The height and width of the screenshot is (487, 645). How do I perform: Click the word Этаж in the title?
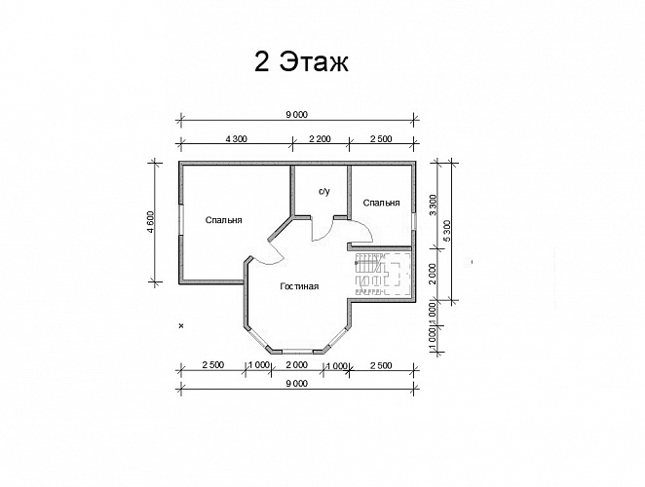point(315,62)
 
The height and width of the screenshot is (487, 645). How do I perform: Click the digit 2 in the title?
point(262,62)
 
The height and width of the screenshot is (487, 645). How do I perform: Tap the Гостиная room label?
point(299,286)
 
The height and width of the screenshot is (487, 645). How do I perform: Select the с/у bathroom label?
point(324,191)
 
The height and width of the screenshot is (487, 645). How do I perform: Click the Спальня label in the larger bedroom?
point(224,220)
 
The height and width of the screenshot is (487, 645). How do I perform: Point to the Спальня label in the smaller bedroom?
point(381,203)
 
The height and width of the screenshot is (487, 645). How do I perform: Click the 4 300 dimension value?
point(237,139)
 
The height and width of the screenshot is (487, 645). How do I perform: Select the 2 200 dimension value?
point(320,139)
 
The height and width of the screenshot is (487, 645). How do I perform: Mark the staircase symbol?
point(383,274)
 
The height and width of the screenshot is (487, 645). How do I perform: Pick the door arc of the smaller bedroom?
point(367,230)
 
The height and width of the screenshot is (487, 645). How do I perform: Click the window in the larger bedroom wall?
point(181,220)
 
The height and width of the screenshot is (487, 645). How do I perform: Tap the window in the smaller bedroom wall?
point(413,221)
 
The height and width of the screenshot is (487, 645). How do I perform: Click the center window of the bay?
point(297,352)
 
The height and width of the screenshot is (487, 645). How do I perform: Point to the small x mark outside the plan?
point(180,325)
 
